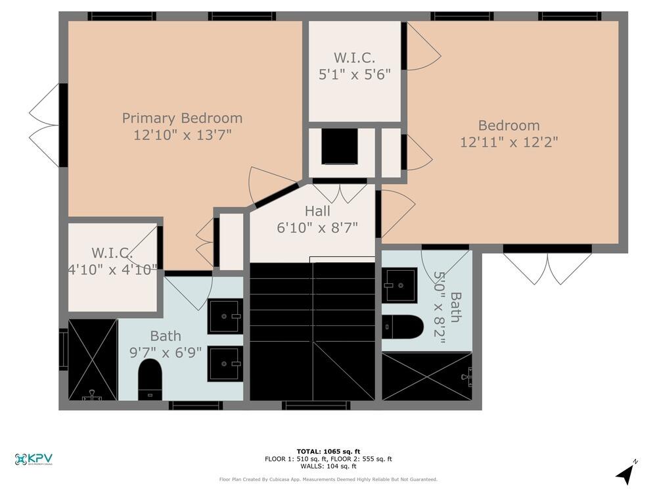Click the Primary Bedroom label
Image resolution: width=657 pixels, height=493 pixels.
(182, 118)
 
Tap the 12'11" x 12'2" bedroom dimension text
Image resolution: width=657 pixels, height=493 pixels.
(509, 142)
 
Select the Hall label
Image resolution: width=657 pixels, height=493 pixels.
(317, 212)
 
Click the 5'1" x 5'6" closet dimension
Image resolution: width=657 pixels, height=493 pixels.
(354, 74)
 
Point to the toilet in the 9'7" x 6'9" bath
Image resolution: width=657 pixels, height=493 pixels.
(150, 379)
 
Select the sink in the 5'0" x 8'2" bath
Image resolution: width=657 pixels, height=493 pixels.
(399, 285)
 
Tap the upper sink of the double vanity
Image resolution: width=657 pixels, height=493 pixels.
(225, 316)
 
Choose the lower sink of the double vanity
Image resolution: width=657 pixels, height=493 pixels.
(225, 364)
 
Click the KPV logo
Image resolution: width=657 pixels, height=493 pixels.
(34, 459)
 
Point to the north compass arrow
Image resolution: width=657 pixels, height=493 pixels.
(627, 473)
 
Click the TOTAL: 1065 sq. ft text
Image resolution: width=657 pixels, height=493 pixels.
(328, 452)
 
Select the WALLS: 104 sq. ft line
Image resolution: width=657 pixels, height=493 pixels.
(328, 466)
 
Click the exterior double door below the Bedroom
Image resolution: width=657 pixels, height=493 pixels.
(547, 267)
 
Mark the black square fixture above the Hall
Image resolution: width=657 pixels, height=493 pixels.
(340, 147)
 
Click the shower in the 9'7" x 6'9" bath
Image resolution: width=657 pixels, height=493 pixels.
(93, 360)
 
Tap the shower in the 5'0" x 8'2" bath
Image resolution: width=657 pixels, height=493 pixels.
(426, 377)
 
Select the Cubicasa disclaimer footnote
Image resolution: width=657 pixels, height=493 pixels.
(328, 480)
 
